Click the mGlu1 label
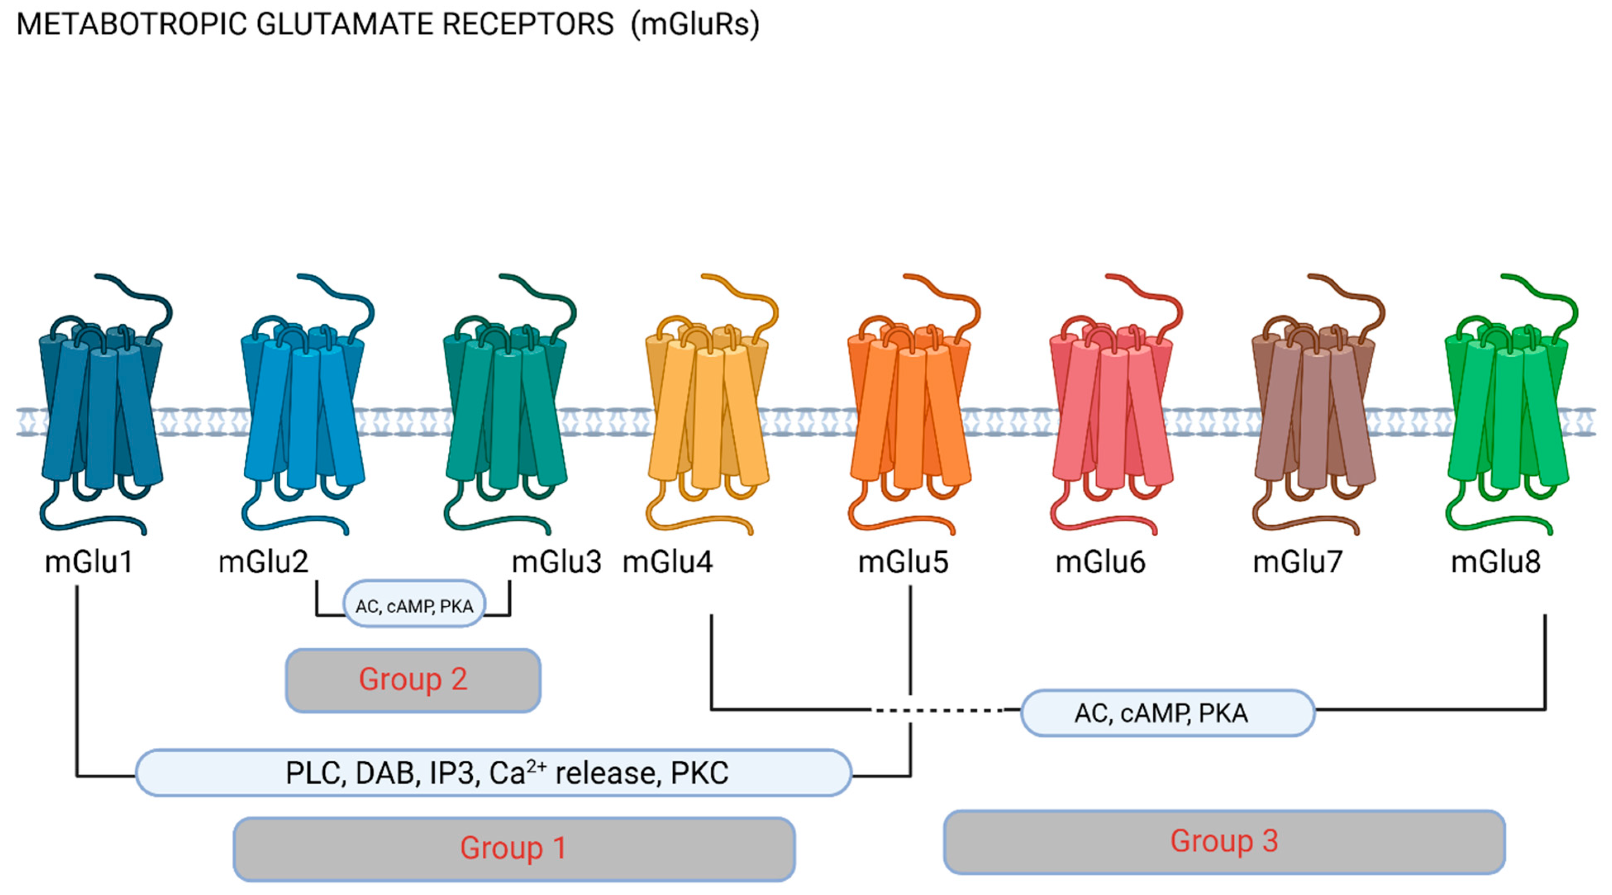[x=89, y=561]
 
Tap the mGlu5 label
[x=903, y=561]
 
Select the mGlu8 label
[x=1495, y=561]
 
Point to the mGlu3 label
[x=556, y=561]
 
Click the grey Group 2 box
[x=413, y=680]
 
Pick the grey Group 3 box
[x=1224, y=841]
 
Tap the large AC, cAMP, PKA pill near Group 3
[x=1167, y=713]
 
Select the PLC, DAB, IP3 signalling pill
[x=493, y=773]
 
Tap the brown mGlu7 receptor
[x=1314, y=407]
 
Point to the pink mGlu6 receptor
[x=1112, y=407]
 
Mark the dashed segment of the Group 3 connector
[x=939, y=710]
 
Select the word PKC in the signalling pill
[x=699, y=773]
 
